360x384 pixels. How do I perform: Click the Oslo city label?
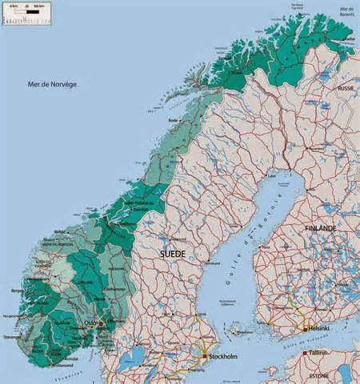(90, 323)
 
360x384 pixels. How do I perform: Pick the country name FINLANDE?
(321, 228)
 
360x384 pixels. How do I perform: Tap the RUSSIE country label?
(346, 88)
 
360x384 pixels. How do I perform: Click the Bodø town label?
(172, 120)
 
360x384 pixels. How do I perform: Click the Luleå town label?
(270, 174)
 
